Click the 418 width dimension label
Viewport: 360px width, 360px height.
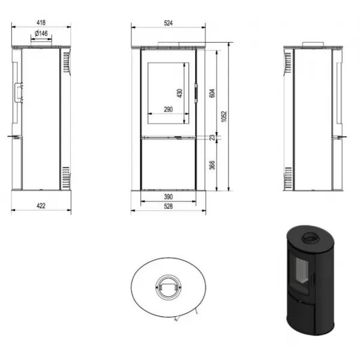(x=41, y=23)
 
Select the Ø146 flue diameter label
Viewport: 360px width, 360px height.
(x=41, y=34)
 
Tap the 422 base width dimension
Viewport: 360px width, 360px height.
(x=41, y=206)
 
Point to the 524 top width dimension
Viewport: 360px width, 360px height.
(x=168, y=23)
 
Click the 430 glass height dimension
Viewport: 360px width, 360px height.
(x=180, y=93)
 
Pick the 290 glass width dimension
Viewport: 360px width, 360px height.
(x=168, y=109)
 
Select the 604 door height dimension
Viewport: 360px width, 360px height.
(x=212, y=93)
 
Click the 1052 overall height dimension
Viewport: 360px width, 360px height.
(x=224, y=116)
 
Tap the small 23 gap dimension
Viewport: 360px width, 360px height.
(x=212, y=137)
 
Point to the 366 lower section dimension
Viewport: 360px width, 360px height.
(x=212, y=166)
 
